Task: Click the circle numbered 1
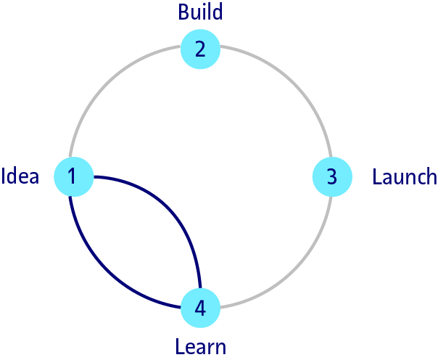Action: pyautogui.click(x=73, y=176)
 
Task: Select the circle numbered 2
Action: pyautogui.click(x=200, y=49)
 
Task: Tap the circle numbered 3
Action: pyautogui.click(x=331, y=176)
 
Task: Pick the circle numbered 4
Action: pyautogui.click(x=200, y=308)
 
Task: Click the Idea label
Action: pyautogui.click(x=21, y=176)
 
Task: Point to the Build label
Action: pyautogui.click(x=200, y=12)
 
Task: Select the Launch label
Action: pyautogui.click(x=404, y=176)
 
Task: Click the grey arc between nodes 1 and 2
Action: pyautogui.click(x=110, y=86)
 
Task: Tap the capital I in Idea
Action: pyautogui.click(x=5, y=176)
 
